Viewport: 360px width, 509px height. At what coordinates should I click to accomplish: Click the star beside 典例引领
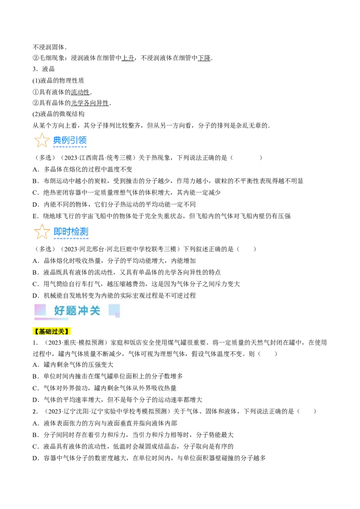[x=42, y=140]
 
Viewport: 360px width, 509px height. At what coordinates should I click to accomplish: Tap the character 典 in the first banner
[x=57, y=140]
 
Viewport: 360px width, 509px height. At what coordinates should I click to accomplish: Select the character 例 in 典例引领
[x=66, y=140]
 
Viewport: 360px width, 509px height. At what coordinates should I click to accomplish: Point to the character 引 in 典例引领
[x=74, y=140]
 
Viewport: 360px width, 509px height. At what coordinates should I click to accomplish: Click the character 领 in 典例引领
[x=82, y=140]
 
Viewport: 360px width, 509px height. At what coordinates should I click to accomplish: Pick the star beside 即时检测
[x=42, y=232]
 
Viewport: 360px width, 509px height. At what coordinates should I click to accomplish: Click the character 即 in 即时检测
[x=58, y=232]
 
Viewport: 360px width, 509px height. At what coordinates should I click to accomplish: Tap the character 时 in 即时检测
[x=67, y=232]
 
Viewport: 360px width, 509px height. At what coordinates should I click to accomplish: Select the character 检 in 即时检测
[x=75, y=232]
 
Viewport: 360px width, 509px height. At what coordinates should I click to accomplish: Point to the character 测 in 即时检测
[x=84, y=232]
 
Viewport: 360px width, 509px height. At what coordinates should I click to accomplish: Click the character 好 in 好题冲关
[x=59, y=310]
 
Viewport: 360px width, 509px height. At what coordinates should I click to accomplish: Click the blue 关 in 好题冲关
[x=94, y=310]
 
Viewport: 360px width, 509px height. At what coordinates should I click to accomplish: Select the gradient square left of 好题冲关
[x=40, y=309]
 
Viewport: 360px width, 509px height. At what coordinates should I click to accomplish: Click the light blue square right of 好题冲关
[x=114, y=310]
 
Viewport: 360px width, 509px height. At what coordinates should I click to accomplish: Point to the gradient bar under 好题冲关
[x=51, y=319]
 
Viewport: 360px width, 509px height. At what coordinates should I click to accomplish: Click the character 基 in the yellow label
[x=42, y=332]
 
